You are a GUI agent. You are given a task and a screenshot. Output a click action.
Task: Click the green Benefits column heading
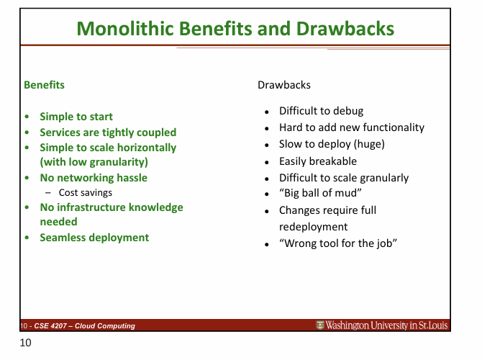coord(44,85)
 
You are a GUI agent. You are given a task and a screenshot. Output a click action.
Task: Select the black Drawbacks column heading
coord(283,85)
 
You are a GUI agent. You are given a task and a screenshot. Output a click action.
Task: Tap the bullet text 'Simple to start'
coord(76,117)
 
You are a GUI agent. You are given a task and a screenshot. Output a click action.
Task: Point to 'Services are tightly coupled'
coord(107,132)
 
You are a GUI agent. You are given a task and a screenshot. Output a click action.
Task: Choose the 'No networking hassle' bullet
coord(93,177)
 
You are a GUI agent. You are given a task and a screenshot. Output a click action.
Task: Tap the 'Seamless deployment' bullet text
coord(94,238)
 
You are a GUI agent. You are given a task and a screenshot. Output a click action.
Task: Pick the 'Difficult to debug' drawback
coord(321,112)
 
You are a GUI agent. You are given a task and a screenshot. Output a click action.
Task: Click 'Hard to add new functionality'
coord(351,127)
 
